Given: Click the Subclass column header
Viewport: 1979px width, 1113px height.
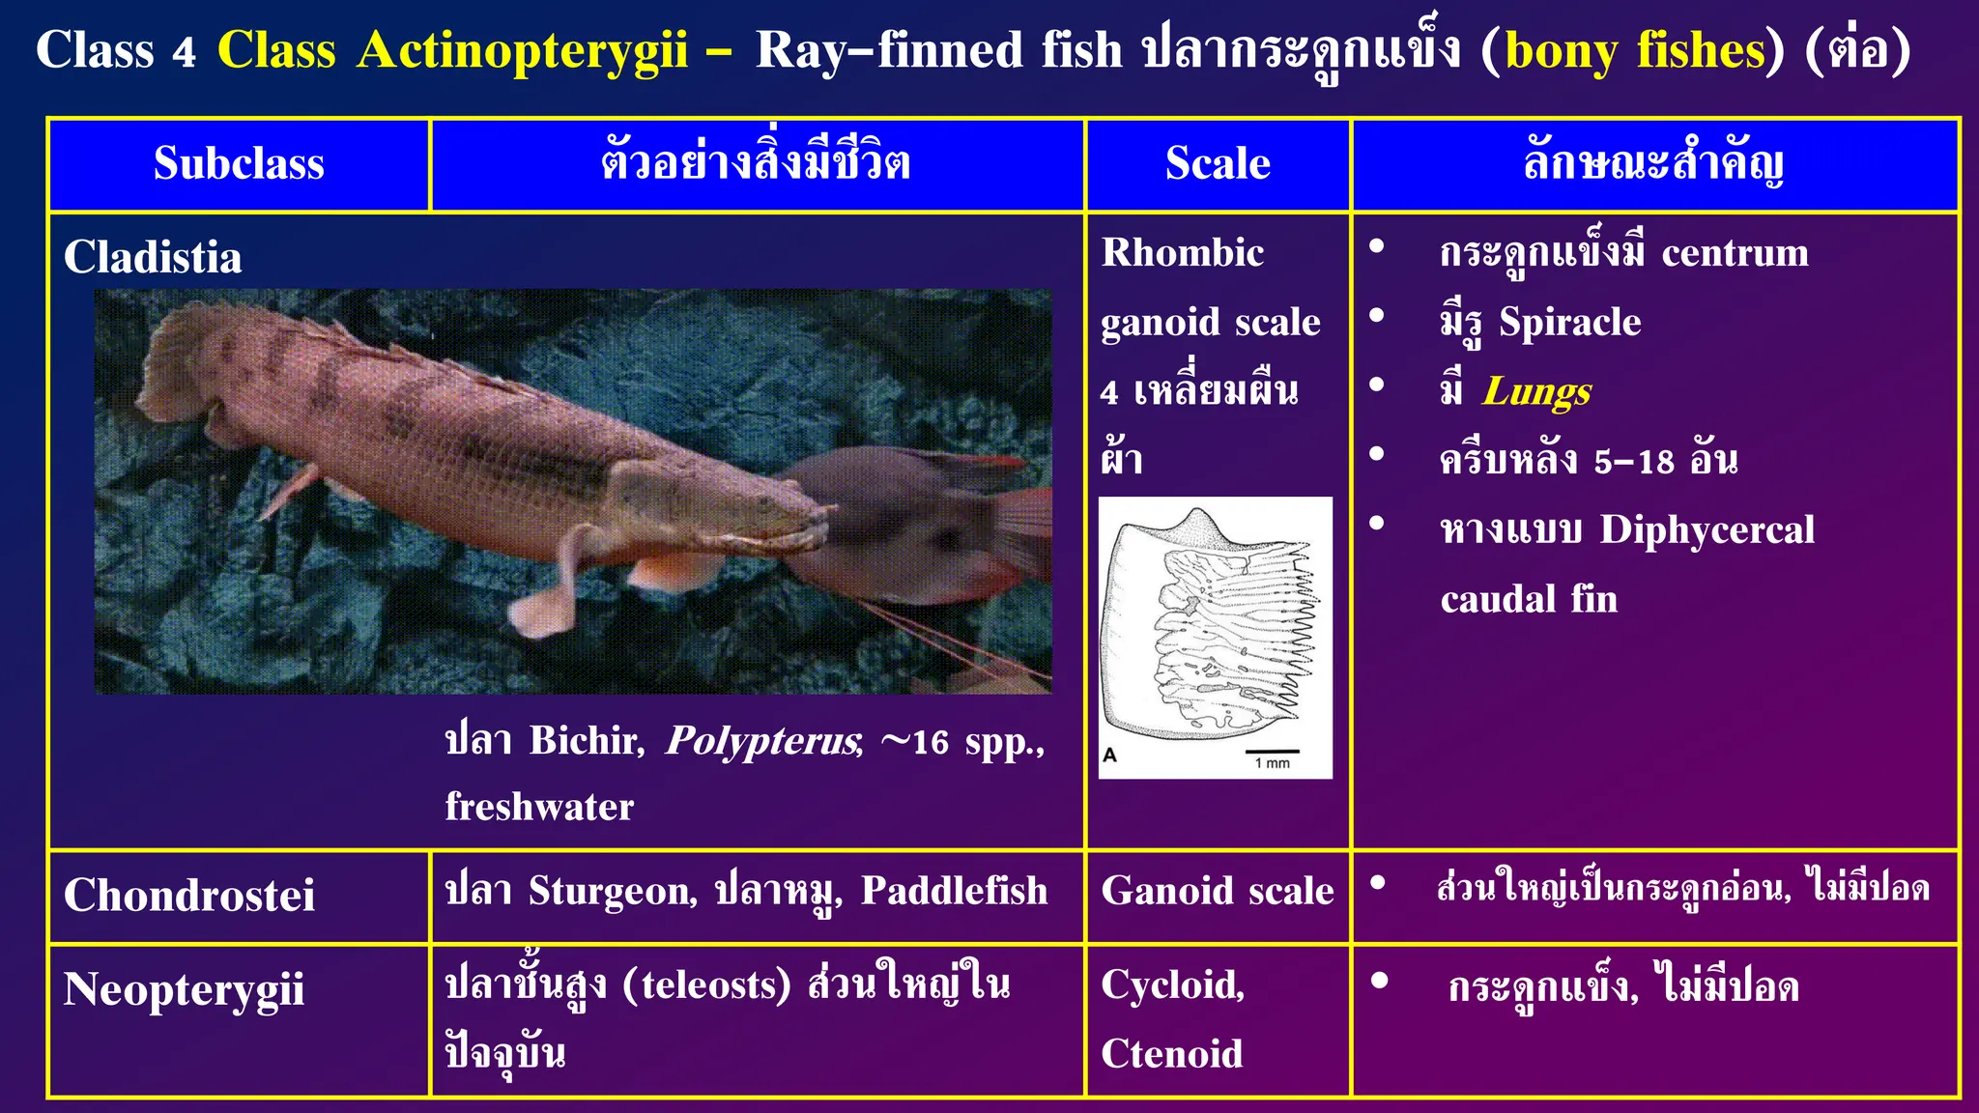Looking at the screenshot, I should pyautogui.click(x=239, y=163).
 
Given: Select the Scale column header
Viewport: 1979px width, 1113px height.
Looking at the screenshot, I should pyautogui.click(x=1218, y=163).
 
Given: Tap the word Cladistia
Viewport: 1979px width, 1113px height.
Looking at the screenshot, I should pyautogui.click(x=153, y=258).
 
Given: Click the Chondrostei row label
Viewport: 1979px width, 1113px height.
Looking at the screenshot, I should pyautogui.click(x=189, y=895).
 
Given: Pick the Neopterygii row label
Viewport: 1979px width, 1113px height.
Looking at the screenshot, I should pyautogui.click(x=184, y=990).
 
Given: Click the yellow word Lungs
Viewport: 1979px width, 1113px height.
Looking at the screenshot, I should pyautogui.click(x=1536, y=391).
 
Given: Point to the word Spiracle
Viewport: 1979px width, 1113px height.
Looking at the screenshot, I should pyautogui.click(x=1569, y=322).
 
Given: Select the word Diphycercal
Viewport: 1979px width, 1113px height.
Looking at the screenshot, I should pyautogui.click(x=1707, y=529).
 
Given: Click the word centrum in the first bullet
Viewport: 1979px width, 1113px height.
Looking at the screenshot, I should pyautogui.click(x=1735, y=252).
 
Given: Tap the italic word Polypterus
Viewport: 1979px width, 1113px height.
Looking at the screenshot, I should pyautogui.click(x=762, y=741).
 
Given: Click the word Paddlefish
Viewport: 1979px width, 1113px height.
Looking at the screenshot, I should pyautogui.click(x=954, y=891).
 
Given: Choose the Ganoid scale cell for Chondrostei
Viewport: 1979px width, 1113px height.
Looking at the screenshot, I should pyautogui.click(x=1218, y=891).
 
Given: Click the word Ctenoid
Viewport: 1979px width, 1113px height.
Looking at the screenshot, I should pyautogui.click(x=1171, y=1053).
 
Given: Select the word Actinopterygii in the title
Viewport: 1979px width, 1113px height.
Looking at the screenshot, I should pyautogui.click(x=522, y=50).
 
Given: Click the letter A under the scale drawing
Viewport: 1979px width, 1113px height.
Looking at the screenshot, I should pyautogui.click(x=1109, y=755).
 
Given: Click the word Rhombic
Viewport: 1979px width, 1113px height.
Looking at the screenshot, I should pyautogui.click(x=1183, y=253).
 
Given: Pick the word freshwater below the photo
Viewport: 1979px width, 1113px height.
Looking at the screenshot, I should pyautogui.click(x=539, y=807).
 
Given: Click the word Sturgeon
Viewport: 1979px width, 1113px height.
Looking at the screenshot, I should pyautogui.click(x=613, y=891).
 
